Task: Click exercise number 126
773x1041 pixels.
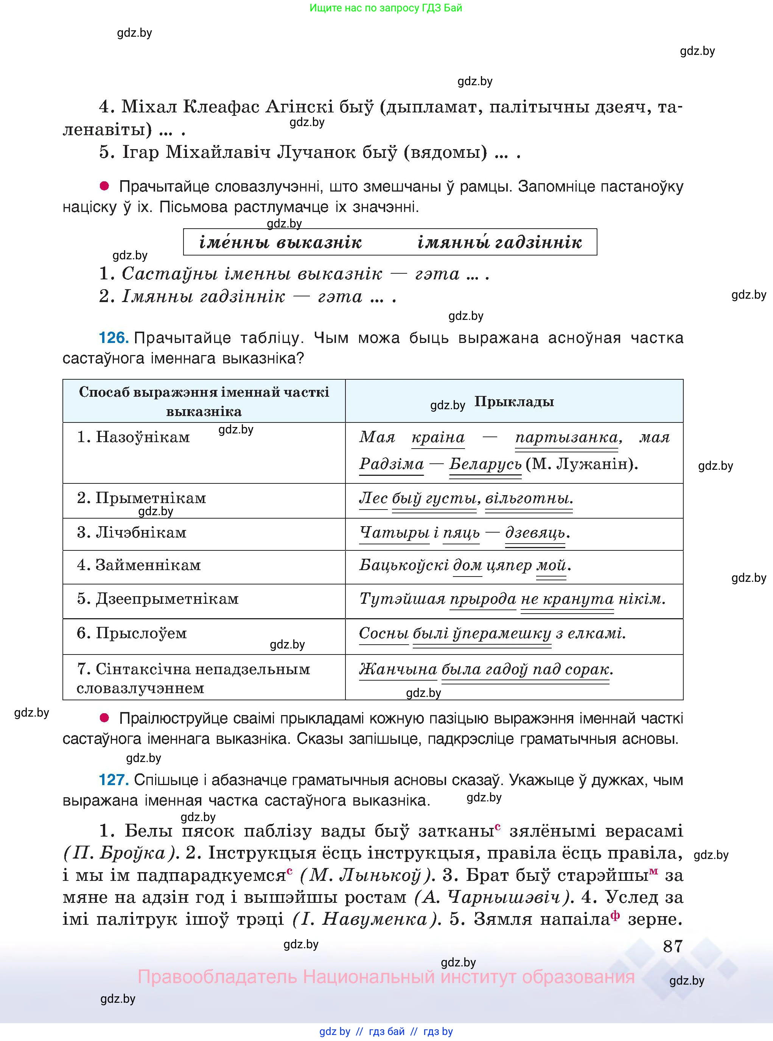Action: click(113, 338)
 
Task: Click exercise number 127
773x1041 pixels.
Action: click(113, 779)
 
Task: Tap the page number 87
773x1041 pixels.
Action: click(673, 946)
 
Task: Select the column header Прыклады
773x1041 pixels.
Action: click(514, 401)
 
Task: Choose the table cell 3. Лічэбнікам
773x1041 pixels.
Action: click(132, 532)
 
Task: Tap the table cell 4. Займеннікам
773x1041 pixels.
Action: click(138, 565)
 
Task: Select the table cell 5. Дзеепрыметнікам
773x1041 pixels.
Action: click(158, 598)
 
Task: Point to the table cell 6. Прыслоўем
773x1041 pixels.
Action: click(132, 633)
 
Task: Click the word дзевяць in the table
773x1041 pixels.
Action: click(535, 533)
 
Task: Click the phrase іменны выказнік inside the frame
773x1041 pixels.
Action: click(280, 242)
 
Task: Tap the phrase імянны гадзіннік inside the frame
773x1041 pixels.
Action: click(499, 242)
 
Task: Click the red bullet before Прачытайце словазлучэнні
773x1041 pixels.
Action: click(104, 186)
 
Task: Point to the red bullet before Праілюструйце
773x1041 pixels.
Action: click(104, 718)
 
